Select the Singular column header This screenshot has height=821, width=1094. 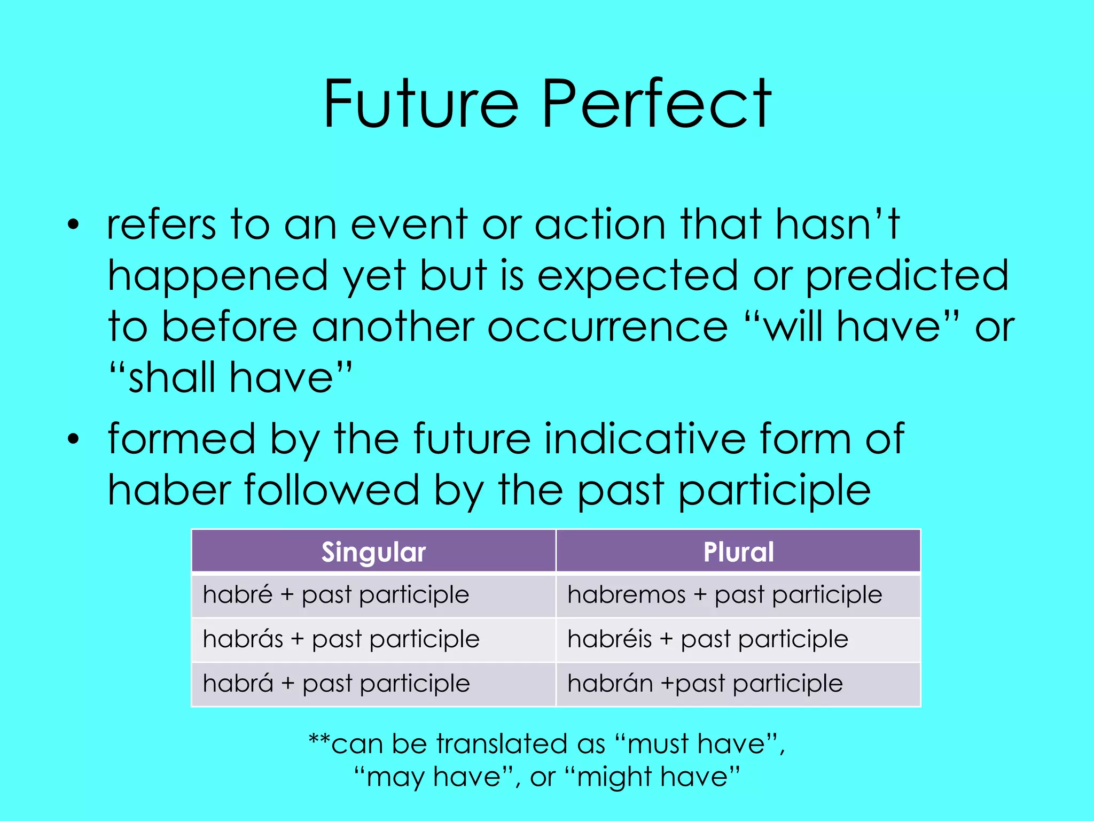[x=373, y=552]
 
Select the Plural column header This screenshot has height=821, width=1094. [x=738, y=552]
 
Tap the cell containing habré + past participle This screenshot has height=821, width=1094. [x=336, y=595]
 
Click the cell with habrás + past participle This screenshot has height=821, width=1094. [x=341, y=639]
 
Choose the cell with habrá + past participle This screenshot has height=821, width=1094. [x=337, y=684]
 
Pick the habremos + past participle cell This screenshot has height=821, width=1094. [x=724, y=595]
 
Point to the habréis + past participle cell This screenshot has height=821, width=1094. [x=708, y=639]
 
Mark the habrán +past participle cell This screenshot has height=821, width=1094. [x=705, y=684]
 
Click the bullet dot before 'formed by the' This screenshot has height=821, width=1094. [x=73, y=439]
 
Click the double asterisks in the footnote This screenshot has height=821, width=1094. [x=319, y=741]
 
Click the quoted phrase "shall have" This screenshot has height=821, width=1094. [x=230, y=377]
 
